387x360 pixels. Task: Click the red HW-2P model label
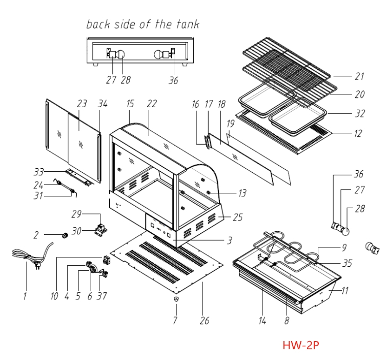tap(301, 345)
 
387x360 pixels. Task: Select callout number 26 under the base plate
tap(205, 321)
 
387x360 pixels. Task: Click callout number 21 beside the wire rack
tap(359, 76)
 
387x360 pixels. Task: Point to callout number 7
tap(175, 321)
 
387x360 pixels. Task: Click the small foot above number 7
tap(175, 298)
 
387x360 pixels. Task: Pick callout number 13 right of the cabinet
tap(242, 193)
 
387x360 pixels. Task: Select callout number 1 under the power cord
tap(24, 296)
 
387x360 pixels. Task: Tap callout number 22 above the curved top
tap(152, 104)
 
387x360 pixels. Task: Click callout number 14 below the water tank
tap(262, 321)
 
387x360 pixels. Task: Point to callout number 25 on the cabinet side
tap(237, 217)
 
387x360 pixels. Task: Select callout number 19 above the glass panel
tap(230, 124)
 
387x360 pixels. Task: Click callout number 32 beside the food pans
tap(359, 114)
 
